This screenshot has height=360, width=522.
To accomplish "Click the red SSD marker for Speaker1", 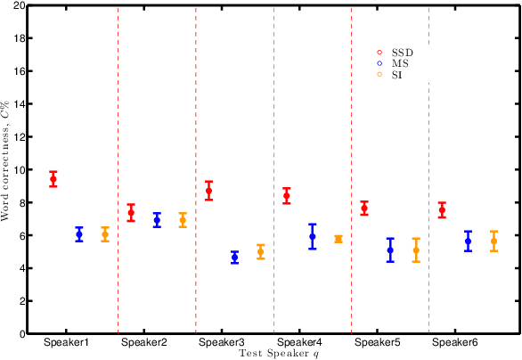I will click(x=53, y=179).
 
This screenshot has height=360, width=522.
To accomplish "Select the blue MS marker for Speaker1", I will click(x=79, y=234).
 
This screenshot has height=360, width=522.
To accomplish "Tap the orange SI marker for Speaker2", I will click(x=184, y=220).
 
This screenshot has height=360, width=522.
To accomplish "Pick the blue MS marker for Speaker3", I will click(x=235, y=257).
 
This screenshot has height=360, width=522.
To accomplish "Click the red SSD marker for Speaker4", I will click(x=287, y=196).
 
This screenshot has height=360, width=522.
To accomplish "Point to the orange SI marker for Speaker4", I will click(x=338, y=239).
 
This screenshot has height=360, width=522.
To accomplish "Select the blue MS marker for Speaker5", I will click(x=390, y=250).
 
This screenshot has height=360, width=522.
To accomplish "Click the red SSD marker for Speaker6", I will click(x=443, y=210).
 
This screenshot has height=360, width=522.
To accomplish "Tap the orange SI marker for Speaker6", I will click(x=494, y=241).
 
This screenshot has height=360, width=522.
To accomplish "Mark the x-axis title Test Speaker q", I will click(x=279, y=353).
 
